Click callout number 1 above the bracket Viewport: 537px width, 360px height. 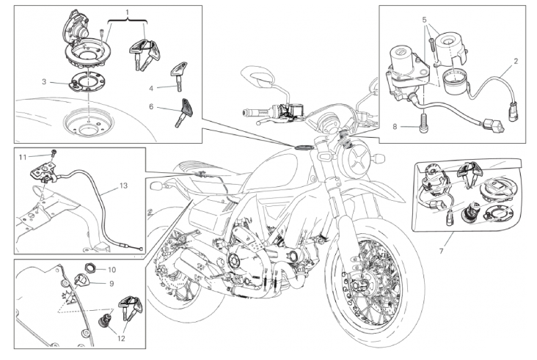(128, 13)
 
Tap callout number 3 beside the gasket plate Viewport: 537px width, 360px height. (44, 82)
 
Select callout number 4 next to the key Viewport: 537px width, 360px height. (151, 89)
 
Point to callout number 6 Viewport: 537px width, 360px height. (151, 107)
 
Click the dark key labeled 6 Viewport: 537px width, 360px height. (184, 113)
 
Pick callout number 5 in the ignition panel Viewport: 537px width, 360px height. (425, 20)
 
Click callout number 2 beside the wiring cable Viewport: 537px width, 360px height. (516, 62)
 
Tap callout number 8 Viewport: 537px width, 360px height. (395, 127)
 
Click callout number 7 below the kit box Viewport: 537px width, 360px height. (441, 251)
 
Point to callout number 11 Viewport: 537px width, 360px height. (23, 158)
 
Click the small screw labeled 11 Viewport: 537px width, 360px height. (54, 153)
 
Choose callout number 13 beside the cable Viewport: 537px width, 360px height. (123, 185)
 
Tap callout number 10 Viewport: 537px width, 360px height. (112, 270)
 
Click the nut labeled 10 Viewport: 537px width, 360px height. (90, 267)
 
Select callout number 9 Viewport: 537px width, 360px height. (112, 284)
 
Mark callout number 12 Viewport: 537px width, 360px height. (121, 339)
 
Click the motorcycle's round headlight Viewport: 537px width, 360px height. (357, 158)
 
